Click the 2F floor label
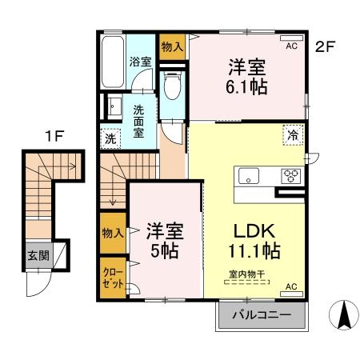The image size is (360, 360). pyautogui.click(x=324, y=46)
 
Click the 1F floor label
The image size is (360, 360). pyautogui.click(x=54, y=136)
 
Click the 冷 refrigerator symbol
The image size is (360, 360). pyautogui.click(x=293, y=135)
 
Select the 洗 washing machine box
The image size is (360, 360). pyautogui.click(x=111, y=138)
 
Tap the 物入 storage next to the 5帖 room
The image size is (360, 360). pyautogui.click(x=111, y=233)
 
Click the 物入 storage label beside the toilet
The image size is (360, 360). pyautogui.click(x=171, y=46)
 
